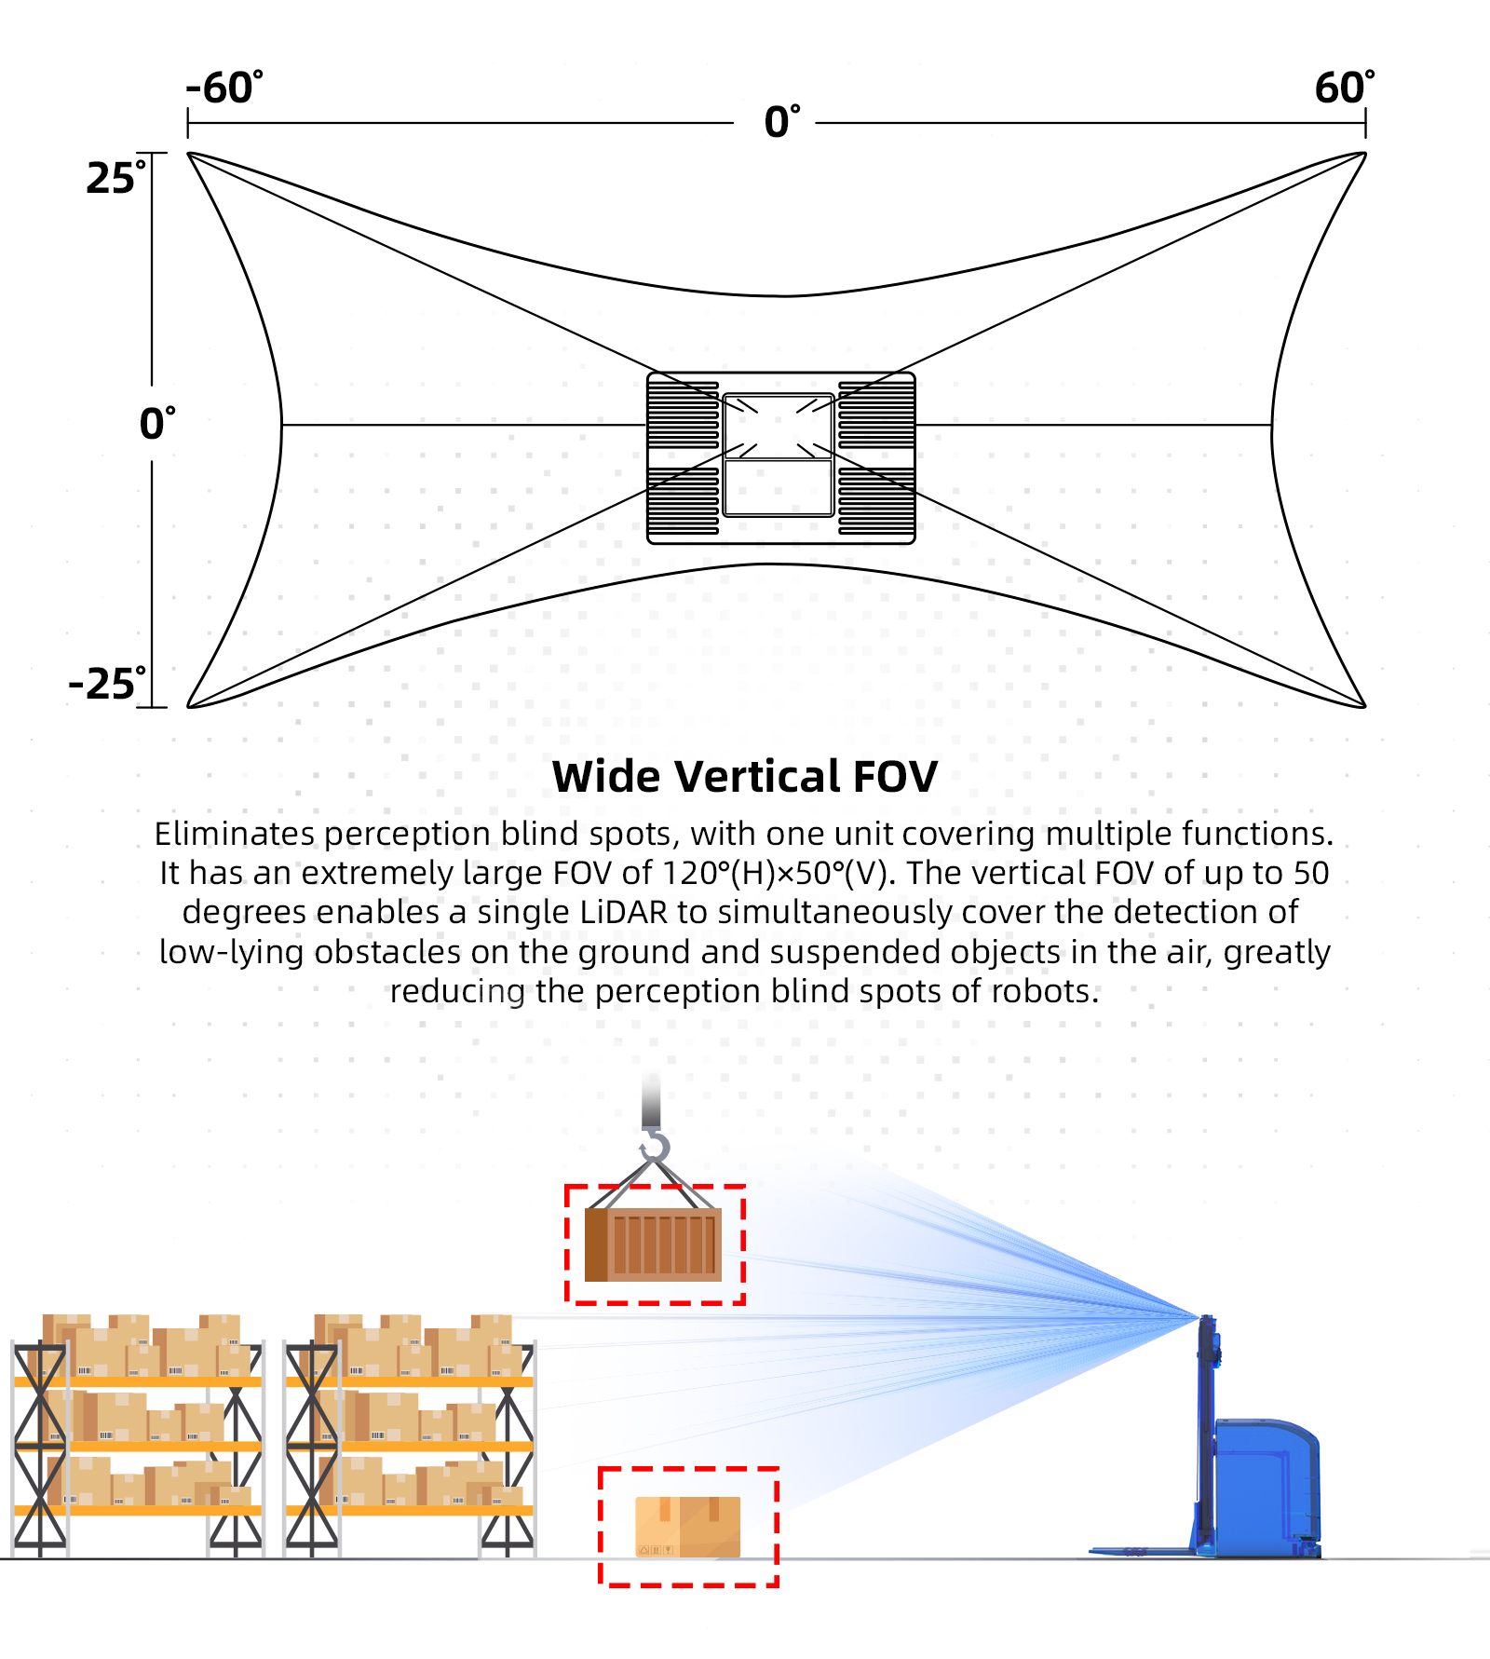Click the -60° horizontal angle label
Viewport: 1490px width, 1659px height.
tap(223, 88)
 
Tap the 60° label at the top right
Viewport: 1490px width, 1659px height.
tap(1344, 88)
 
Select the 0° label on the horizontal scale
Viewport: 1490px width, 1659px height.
tap(781, 122)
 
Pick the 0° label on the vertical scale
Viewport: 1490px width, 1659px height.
tap(156, 424)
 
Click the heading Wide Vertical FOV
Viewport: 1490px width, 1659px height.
tap(744, 776)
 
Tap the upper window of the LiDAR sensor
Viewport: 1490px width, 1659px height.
tap(778, 427)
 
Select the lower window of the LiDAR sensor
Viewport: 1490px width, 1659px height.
tap(778, 487)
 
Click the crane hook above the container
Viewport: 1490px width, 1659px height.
tap(655, 1146)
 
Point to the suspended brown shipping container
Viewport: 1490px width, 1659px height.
tap(654, 1244)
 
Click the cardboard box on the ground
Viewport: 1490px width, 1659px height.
tap(687, 1527)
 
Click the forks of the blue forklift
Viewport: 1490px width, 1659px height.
tap(1141, 1551)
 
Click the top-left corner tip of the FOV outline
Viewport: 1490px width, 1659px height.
tap(189, 154)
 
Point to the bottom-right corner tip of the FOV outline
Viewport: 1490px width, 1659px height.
tap(1364, 707)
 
